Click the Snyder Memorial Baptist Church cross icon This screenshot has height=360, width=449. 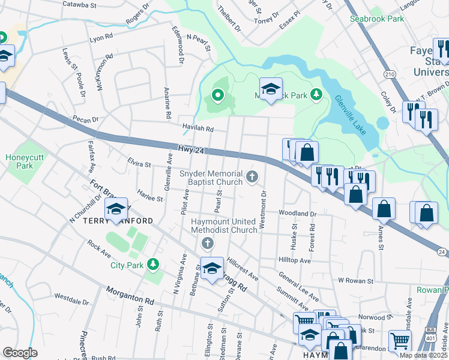(x=253, y=176)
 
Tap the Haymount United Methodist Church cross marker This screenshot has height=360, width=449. (x=207, y=243)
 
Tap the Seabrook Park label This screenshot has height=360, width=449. (x=377, y=19)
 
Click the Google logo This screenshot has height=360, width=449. (x=20, y=353)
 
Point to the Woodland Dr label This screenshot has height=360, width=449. (x=297, y=213)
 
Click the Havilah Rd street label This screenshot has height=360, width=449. (x=198, y=128)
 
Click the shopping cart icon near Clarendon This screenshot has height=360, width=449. (x=399, y=340)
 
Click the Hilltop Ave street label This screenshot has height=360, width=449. (x=294, y=261)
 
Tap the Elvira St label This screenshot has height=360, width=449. (x=139, y=163)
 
